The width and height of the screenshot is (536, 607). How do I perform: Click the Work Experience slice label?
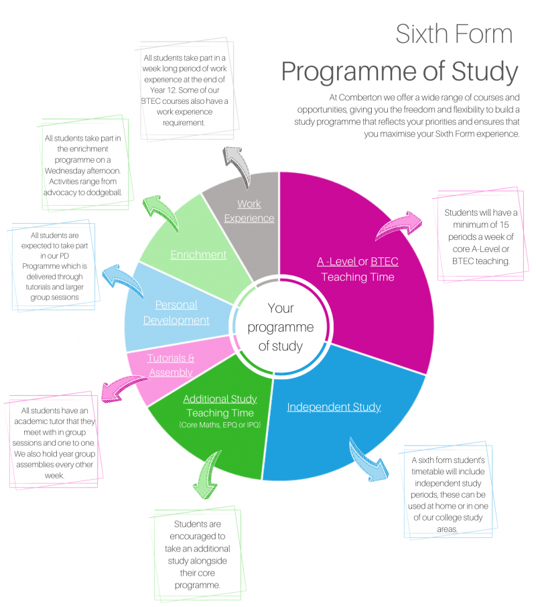tap(249, 211)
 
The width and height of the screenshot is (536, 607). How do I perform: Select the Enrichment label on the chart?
tap(198, 255)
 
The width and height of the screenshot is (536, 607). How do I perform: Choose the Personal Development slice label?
tap(176, 312)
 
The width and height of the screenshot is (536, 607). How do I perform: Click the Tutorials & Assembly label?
tap(171, 365)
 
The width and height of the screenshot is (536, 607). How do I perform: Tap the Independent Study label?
tap(334, 407)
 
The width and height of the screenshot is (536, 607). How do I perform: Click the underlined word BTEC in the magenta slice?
tap(385, 262)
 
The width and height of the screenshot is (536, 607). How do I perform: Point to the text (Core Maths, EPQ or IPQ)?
tap(220, 425)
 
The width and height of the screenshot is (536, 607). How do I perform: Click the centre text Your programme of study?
tap(281, 327)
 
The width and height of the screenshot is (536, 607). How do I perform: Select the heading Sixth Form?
tap(454, 34)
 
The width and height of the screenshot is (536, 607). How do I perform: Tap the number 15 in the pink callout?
tap(504, 224)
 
